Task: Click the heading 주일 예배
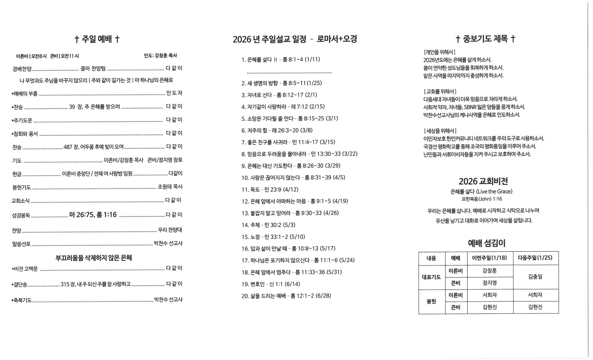pos(97,39)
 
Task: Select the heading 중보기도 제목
pos(485,39)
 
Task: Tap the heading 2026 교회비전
pos(483,181)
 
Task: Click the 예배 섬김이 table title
pos(487,243)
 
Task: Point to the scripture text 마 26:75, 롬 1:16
pos(93,215)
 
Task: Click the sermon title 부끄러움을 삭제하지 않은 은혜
pos(94,258)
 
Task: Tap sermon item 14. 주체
pos(268,225)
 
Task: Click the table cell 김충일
pos(535,277)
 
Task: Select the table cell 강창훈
pos(490,271)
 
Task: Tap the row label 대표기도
pos(431,277)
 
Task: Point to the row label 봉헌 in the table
pos(431,301)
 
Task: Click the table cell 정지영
pos(490,283)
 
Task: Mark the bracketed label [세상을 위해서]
pos(440,131)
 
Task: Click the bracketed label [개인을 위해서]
pos(440,52)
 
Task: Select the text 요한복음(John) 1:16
pos(481,199)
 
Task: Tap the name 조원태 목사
pos(170,187)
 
